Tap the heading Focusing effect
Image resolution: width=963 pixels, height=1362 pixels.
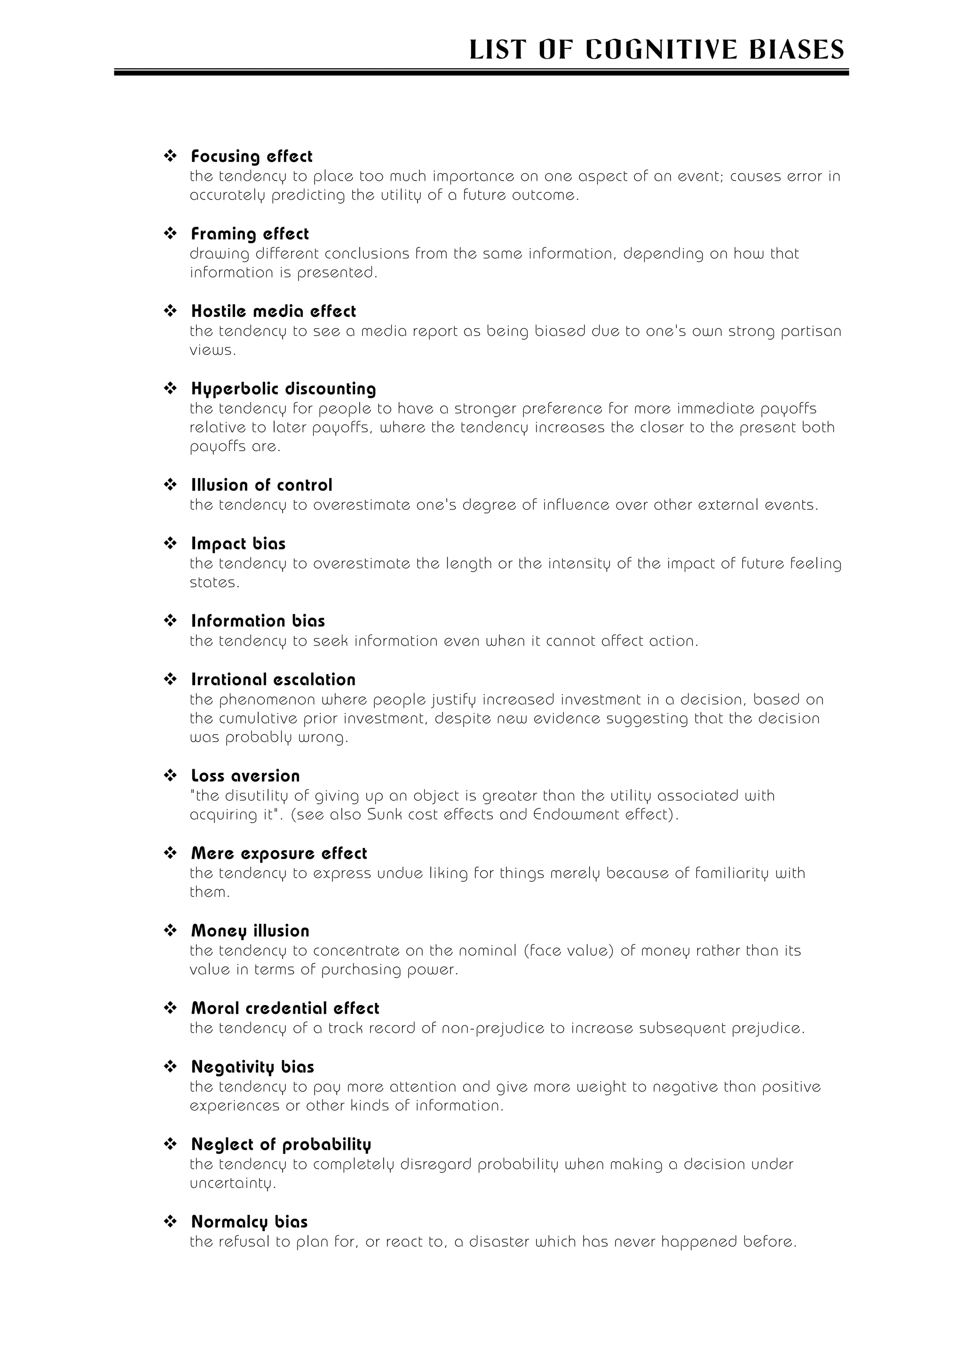pyautogui.click(x=252, y=157)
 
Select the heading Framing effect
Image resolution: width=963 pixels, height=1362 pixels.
pyautogui.click(x=250, y=234)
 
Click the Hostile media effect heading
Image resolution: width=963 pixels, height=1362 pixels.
pyautogui.click(x=273, y=311)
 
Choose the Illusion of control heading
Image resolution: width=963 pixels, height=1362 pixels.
pyautogui.click(x=261, y=485)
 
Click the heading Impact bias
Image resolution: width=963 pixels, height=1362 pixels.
pyautogui.click(x=238, y=544)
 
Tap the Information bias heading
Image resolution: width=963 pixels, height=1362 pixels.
pyautogui.click(x=258, y=621)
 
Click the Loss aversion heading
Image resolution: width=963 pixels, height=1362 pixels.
pyautogui.click(x=245, y=776)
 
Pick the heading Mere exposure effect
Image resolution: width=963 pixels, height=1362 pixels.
pyautogui.click(x=279, y=854)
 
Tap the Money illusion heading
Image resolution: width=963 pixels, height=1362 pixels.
pyautogui.click(x=250, y=931)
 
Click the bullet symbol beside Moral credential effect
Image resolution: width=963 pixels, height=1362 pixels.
pyautogui.click(x=170, y=1008)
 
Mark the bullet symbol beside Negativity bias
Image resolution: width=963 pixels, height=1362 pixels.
pyautogui.click(x=170, y=1067)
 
